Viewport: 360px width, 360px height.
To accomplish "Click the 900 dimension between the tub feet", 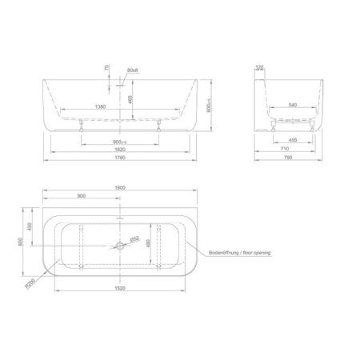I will click(121, 141).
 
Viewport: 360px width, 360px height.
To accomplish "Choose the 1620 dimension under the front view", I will click(121, 149).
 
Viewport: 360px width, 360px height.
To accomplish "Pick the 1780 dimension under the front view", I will click(121, 158).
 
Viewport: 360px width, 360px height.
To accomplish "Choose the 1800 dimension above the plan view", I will click(121, 189).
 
